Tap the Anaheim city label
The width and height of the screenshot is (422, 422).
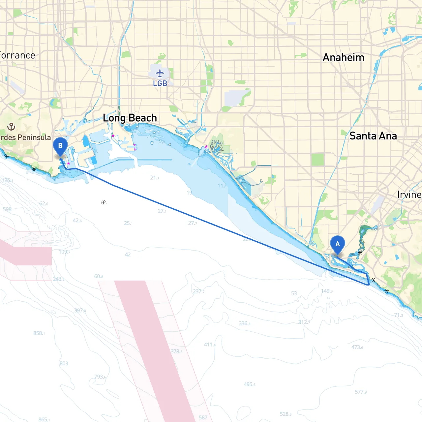(344, 57)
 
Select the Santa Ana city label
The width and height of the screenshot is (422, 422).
(373, 136)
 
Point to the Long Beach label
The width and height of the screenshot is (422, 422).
(130, 118)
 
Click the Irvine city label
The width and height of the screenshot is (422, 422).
(409, 195)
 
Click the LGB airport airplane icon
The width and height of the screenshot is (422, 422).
(160, 73)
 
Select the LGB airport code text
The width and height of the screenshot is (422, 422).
(160, 83)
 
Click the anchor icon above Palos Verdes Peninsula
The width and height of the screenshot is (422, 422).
(11, 126)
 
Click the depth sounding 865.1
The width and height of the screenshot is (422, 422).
(44, 419)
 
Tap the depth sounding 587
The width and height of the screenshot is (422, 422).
(203, 417)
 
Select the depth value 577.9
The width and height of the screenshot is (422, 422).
(361, 392)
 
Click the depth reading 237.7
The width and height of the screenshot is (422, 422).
(198, 291)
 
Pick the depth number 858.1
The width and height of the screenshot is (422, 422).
(39, 333)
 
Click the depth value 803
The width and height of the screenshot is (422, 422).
(64, 363)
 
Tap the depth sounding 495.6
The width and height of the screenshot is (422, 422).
(249, 384)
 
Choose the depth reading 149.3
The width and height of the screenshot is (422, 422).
(327, 291)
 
